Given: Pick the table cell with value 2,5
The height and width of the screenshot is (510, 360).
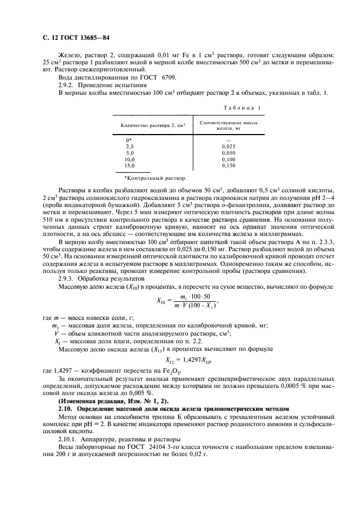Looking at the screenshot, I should pyautogui.click(x=130, y=147).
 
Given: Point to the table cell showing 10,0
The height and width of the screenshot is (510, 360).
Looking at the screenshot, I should pyautogui.click(x=130, y=159).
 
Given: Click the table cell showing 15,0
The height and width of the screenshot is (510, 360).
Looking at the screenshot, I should pyautogui.click(x=130, y=165).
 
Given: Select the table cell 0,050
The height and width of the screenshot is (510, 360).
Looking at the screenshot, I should pyautogui.click(x=229, y=153).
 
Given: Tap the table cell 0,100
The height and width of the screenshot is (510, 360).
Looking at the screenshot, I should pyautogui.click(x=229, y=159).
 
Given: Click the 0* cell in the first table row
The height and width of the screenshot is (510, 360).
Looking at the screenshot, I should pyautogui.click(x=129, y=141).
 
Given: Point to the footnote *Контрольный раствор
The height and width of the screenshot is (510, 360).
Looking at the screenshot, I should pyautogui.click(x=155, y=178).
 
